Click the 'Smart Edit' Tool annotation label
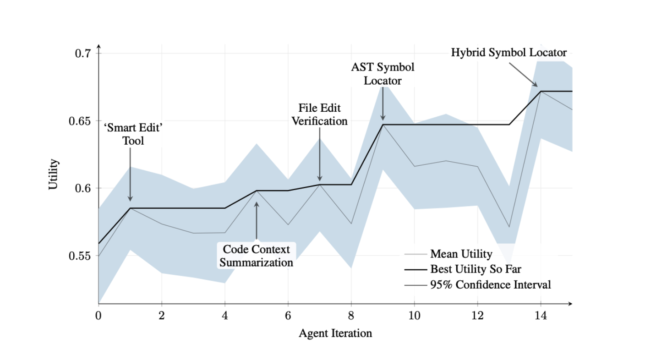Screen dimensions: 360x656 133,135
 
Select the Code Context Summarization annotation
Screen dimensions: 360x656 256,256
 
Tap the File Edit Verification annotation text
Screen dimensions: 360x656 320,115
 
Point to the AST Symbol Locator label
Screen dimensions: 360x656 383,74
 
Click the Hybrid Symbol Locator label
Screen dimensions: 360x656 508,53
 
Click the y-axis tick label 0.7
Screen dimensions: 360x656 83,53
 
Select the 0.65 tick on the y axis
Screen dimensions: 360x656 81,121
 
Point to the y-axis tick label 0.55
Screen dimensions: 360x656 81,256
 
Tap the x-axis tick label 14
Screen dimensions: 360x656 541,316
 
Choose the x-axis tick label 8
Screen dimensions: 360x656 351,316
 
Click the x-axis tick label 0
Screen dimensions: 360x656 98,316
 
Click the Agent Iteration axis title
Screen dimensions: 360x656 335,333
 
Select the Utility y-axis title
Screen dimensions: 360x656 54,174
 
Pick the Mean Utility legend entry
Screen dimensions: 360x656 461,254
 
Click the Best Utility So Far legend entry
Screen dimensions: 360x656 476,269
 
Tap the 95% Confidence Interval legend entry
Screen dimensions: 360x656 490,284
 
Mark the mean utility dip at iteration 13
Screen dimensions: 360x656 509,227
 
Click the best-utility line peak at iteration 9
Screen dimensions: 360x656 383,125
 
